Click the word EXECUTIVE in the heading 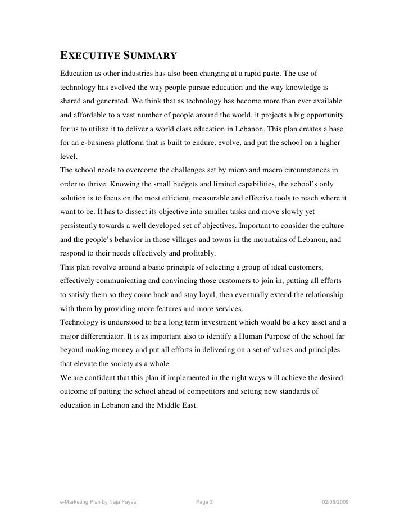coord(92,57)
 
